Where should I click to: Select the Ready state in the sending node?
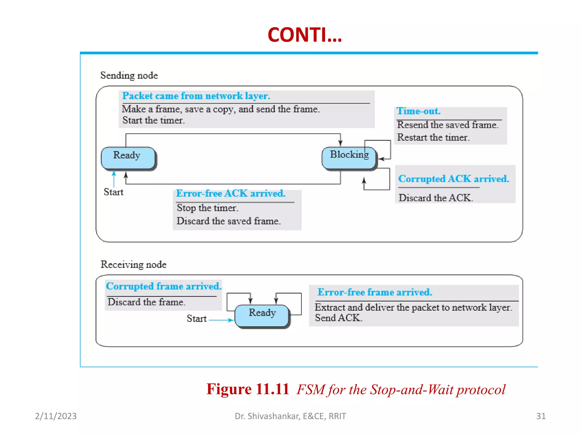coord(128,158)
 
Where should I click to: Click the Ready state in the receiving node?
coord(262,315)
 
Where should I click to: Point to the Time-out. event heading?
coord(418,111)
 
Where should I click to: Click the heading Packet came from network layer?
coord(196,96)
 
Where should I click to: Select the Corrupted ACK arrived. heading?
coord(453,179)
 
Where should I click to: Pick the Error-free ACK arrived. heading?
coord(230,194)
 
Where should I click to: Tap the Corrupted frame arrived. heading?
coord(163,286)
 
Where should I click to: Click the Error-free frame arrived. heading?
coord(374,292)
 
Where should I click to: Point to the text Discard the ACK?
coord(435,198)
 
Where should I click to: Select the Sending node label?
coord(129,76)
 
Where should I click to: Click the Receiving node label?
coord(133,265)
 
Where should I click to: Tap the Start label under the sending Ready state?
coord(113,192)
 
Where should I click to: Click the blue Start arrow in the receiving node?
coord(221,320)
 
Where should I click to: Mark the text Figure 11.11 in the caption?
coord(247,389)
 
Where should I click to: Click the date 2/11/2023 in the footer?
coord(56,416)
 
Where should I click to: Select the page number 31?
coord(541,416)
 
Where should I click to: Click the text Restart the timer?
coord(433,138)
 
